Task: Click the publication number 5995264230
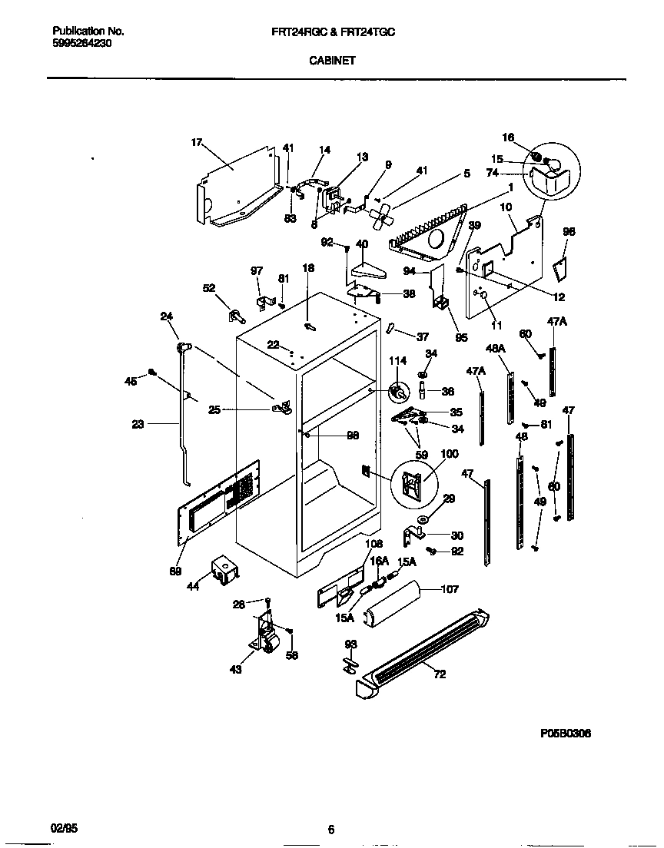[x=83, y=44]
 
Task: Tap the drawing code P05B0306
[x=565, y=734]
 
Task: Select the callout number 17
[x=196, y=142]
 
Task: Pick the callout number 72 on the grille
[x=439, y=674]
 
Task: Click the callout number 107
[x=450, y=590]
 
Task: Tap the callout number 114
[x=397, y=361]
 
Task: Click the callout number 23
[x=138, y=422]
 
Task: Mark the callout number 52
[x=208, y=288]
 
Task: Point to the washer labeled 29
[x=423, y=521]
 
